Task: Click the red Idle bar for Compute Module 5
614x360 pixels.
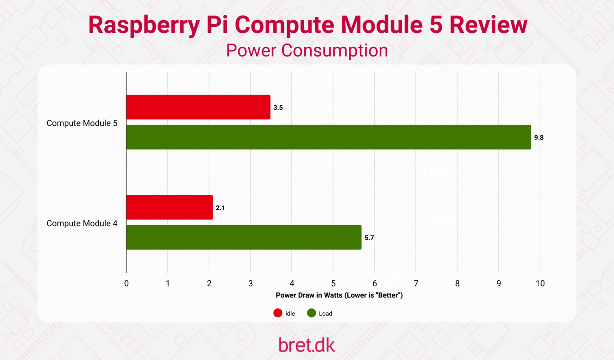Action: coord(198,107)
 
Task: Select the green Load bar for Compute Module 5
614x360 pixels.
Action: coord(329,137)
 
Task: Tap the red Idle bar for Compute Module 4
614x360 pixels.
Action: coord(169,207)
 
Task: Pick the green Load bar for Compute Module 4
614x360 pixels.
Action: coord(244,237)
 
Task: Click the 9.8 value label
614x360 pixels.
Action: coord(539,138)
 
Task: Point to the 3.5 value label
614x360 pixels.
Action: coord(278,108)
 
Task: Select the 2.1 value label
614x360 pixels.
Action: coord(220,208)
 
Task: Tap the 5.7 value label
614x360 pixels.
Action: coord(369,238)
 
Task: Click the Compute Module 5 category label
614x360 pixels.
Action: coord(82,123)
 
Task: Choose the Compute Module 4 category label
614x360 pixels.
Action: coord(82,223)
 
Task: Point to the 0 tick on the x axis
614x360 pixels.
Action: coord(126,284)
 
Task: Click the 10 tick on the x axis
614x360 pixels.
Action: coord(540,284)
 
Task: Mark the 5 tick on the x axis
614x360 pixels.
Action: coord(333,284)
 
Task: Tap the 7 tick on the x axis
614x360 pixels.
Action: coord(416,284)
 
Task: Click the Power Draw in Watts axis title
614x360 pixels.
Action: coord(339,295)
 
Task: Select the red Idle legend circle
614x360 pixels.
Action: coord(278,313)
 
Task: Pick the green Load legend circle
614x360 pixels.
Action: coord(311,313)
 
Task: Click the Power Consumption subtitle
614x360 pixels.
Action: coord(307,51)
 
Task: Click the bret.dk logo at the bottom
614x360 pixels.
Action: coord(307,345)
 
